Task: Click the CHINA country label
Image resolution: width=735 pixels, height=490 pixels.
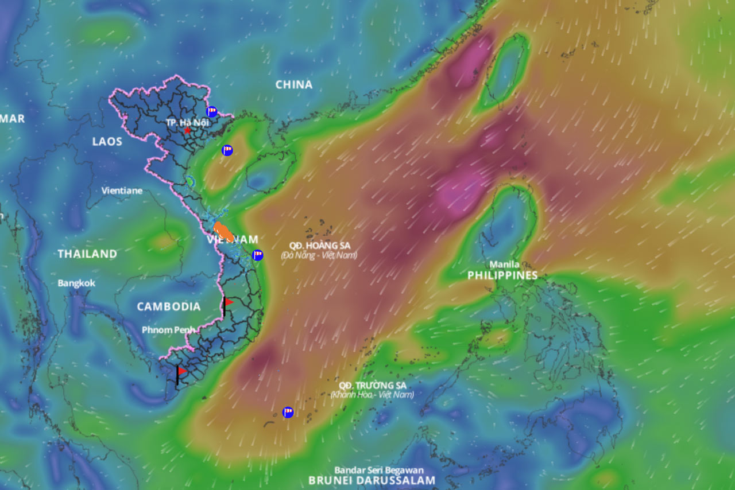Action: point(293,85)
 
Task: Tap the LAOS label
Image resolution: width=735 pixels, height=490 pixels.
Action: point(107,141)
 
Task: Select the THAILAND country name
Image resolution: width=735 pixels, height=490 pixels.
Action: point(87,254)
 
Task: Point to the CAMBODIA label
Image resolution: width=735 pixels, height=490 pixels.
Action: point(169,307)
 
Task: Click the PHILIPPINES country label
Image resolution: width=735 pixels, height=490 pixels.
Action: point(502,275)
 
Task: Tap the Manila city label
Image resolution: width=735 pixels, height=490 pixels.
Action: point(505,265)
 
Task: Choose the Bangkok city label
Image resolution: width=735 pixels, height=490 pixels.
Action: point(76,283)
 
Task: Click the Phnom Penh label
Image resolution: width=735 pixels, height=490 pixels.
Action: point(168,330)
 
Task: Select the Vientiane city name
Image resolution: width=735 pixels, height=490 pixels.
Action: point(122,190)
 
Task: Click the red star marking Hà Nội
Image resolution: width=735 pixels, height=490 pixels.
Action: point(187,131)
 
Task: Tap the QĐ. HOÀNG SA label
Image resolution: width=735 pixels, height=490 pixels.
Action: point(319,246)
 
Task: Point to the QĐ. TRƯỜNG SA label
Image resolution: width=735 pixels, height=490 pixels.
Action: point(372,385)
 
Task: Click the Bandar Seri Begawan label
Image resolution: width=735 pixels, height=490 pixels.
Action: point(379,470)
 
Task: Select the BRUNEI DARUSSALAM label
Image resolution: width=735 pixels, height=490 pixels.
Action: point(372,480)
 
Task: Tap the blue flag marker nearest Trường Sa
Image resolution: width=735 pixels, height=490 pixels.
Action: point(288,412)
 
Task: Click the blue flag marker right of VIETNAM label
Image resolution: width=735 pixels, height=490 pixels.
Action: point(258,255)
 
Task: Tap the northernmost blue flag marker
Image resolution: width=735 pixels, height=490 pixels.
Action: point(212,111)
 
